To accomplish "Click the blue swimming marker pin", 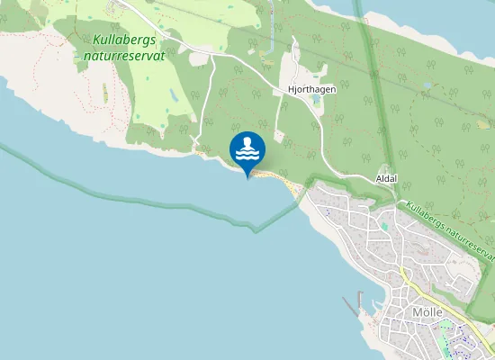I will pyautogui.click(x=247, y=150).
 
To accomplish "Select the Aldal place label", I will pyautogui.click(x=387, y=179).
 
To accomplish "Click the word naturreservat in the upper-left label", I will pyautogui.click(x=125, y=55).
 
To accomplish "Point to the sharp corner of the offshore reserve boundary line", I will pyautogui.click(x=256, y=230).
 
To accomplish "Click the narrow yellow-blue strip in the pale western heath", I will pyautogui.click(x=105, y=93).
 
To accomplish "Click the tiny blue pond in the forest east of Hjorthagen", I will pyautogui.click(x=426, y=85).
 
